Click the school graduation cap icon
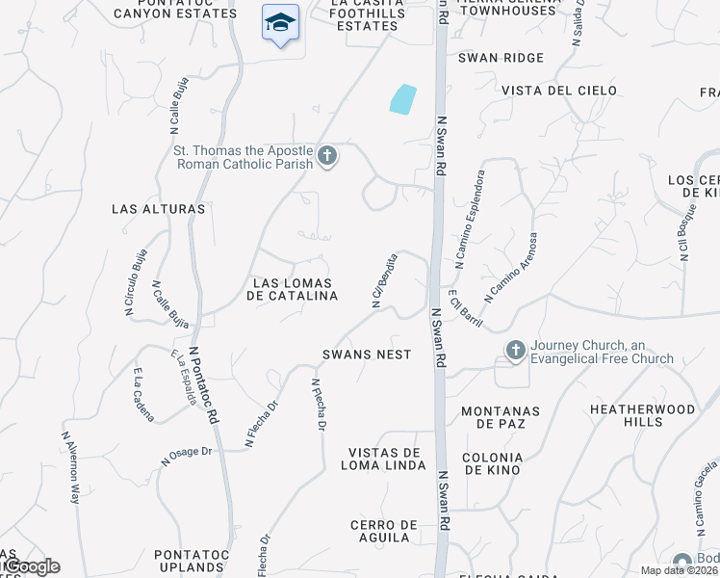[280, 22]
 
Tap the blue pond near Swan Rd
[402, 99]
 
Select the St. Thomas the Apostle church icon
[327, 156]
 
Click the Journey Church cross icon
[515, 351]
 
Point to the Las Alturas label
[159, 208]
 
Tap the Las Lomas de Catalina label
[293, 289]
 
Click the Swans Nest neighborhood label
[367, 355]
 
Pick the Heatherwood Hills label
[642, 415]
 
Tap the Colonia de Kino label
[492, 463]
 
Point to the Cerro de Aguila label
[384, 532]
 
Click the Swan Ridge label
[501, 58]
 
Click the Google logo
[31, 566]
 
